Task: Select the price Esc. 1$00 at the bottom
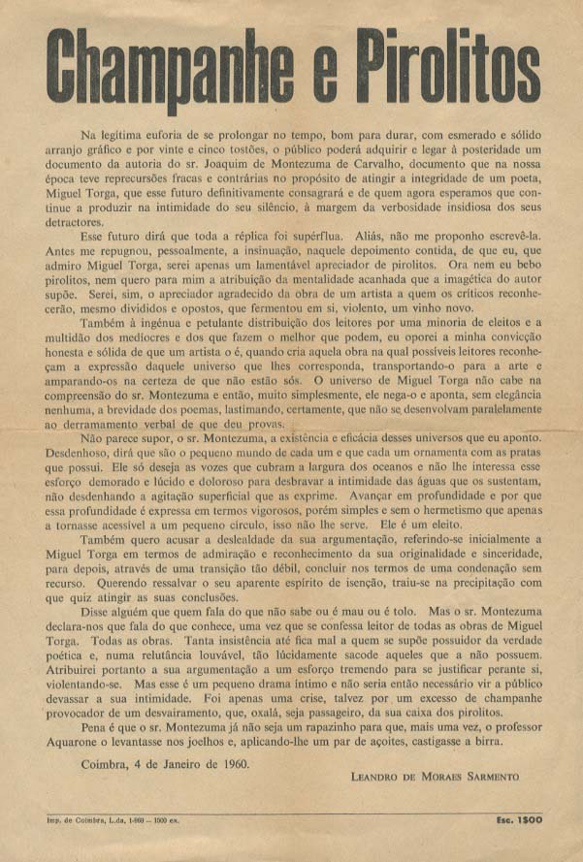coord(517,819)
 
